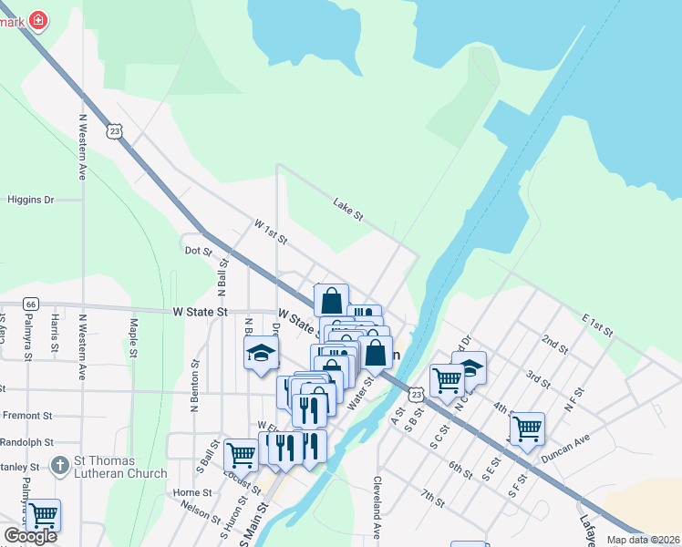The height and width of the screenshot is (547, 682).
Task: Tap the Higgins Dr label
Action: tap(31, 200)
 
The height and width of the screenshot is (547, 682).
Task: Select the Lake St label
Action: tap(348, 210)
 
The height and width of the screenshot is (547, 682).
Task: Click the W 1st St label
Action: tap(271, 232)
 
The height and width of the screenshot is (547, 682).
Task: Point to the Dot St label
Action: tap(198, 250)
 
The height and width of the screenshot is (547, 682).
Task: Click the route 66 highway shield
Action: tap(31, 304)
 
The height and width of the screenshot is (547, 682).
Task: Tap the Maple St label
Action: tap(133, 336)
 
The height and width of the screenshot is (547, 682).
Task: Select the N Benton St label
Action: tap(194, 386)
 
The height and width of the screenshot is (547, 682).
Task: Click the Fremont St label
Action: tap(26, 416)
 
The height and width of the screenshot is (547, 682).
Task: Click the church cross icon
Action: tap(60, 465)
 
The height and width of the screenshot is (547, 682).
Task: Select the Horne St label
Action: tap(192, 492)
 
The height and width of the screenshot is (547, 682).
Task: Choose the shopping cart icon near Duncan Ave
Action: tap(527, 428)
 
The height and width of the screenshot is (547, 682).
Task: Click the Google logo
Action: tap(31, 536)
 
